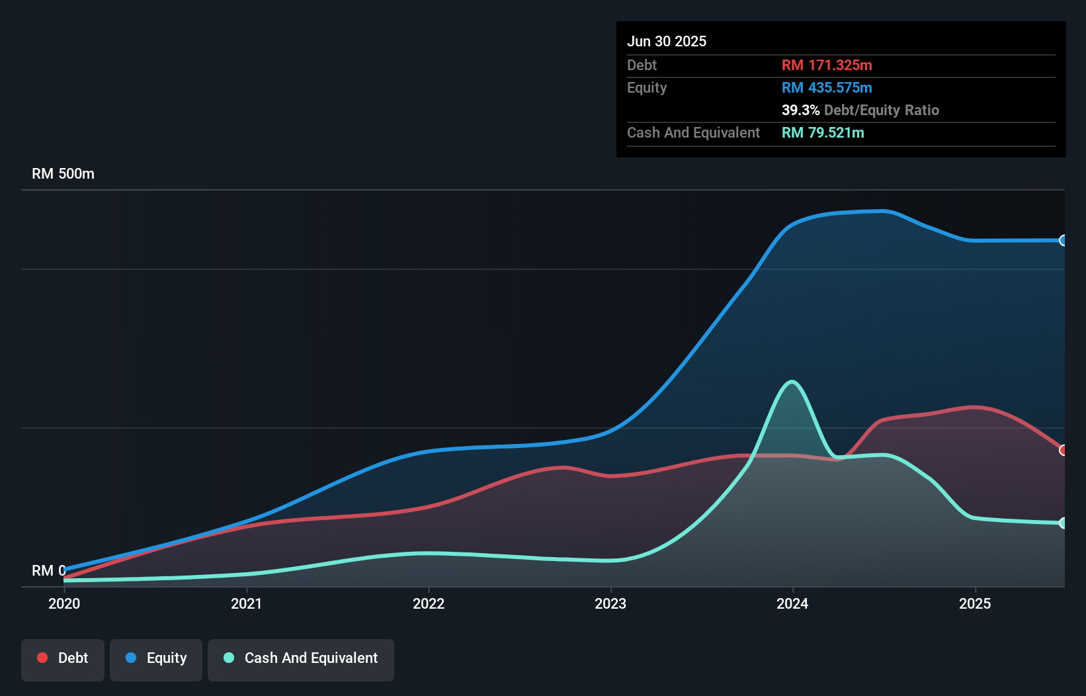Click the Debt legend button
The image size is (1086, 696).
[x=63, y=658]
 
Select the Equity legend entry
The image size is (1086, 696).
[x=156, y=658]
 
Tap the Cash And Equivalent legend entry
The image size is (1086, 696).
[x=301, y=658]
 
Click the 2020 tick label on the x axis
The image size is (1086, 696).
[x=64, y=603]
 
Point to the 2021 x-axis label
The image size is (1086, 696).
[x=246, y=603]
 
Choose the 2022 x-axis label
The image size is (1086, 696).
[x=429, y=603]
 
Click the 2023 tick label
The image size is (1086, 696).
[x=610, y=603]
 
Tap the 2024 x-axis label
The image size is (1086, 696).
[x=792, y=603]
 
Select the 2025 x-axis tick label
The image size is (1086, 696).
[x=975, y=603]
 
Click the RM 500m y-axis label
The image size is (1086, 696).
[x=63, y=174]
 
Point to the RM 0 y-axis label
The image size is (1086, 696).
[x=48, y=570]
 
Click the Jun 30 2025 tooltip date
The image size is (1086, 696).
[x=667, y=41]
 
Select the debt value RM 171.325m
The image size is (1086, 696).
[x=827, y=65]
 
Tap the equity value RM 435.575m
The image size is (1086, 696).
[x=827, y=87]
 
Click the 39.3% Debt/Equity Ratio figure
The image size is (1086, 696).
[x=860, y=110]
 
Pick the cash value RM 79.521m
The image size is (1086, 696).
[x=823, y=132]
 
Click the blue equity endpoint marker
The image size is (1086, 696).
[x=1063, y=240]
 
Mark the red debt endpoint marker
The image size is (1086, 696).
[x=1063, y=450]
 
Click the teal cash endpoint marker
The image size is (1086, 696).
[x=1063, y=523]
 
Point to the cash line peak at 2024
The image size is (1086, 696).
[x=792, y=382]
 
